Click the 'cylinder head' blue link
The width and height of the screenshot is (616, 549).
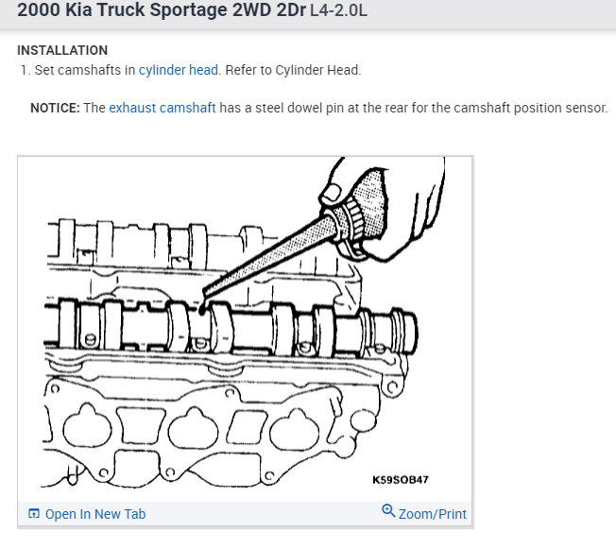click(179, 70)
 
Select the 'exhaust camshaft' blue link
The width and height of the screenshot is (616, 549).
click(163, 108)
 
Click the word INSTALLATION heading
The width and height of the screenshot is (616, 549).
click(62, 50)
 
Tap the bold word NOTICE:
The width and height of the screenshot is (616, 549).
click(55, 108)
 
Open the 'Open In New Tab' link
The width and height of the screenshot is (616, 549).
click(95, 514)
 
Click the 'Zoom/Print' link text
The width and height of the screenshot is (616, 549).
click(433, 514)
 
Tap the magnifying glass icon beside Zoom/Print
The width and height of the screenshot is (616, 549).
click(388, 510)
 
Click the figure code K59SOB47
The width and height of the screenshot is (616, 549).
click(401, 480)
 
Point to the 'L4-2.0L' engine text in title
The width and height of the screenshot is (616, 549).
click(338, 10)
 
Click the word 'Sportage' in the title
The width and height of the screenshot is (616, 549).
click(189, 10)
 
